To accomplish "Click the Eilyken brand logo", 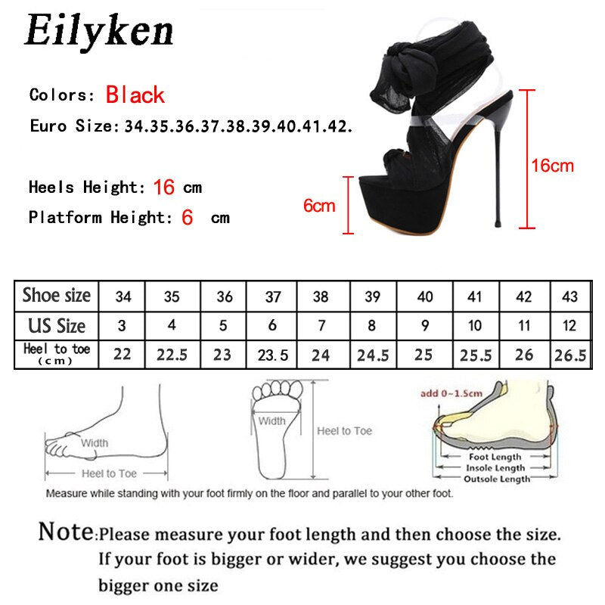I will click(x=99, y=32).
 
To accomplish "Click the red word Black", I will click(x=135, y=95).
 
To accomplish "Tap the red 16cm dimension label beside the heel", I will click(x=551, y=166).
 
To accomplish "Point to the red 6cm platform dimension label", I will click(x=318, y=205).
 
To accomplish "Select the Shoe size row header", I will click(x=56, y=296).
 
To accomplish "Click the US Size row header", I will click(x=56, y=326).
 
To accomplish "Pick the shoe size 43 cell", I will click(x=570, y=296).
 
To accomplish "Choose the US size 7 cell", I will click(x=321, y=326).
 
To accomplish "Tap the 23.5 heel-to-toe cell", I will click(x=271, y=355).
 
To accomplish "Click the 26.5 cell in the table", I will click(x=570, y=355).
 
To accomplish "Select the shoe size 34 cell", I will click(x=123, y=296).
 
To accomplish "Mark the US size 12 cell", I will click(x=570, y=326).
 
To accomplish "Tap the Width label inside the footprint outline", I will click(x=271, y=421).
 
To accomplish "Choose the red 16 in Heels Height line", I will click(x=164, y=188).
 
